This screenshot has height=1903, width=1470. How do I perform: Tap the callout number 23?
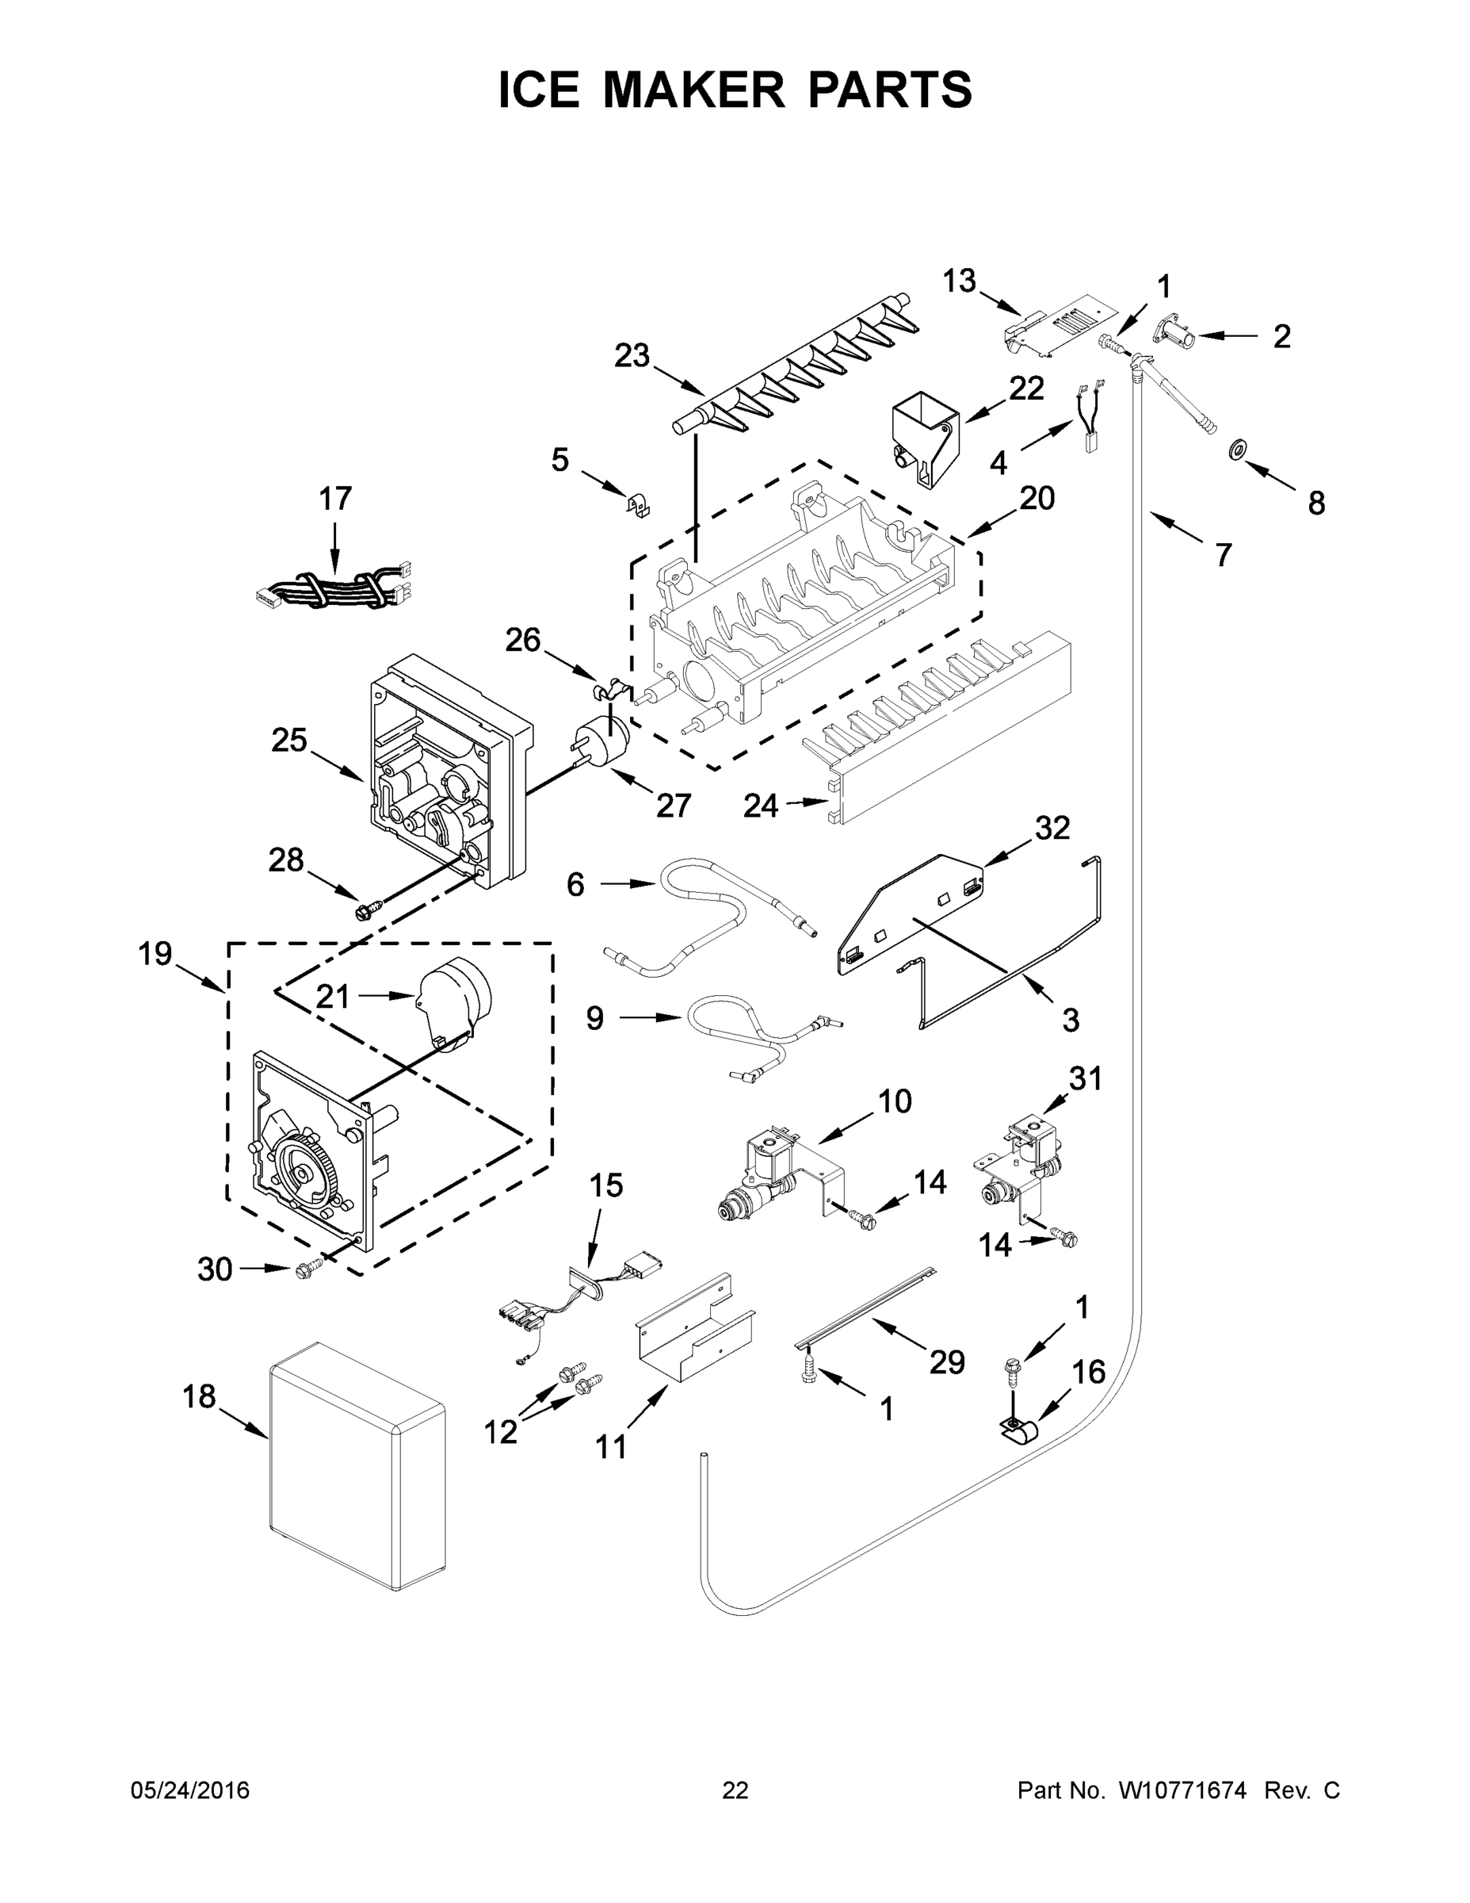click(x=632, y=355)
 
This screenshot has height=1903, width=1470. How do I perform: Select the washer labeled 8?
click(x=1235, y=450)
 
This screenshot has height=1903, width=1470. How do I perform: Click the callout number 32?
click(x=1052, y=828)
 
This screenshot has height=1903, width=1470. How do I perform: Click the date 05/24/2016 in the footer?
click(x=190, y=1790)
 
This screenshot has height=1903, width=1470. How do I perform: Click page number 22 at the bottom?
click(x=735, y=1790)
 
